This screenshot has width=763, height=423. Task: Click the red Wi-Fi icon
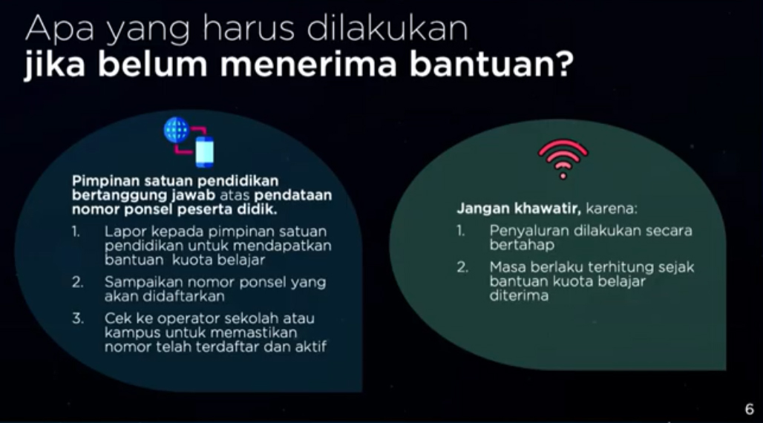click(563, 158)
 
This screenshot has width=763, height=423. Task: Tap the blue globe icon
click(177, 131)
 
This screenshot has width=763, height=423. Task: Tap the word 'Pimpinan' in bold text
click(100, 181)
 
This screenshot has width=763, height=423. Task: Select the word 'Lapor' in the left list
click(122, 232)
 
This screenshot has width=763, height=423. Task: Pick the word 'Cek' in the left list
click(118, 320)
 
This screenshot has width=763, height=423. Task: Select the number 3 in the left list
click(76, 320)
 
